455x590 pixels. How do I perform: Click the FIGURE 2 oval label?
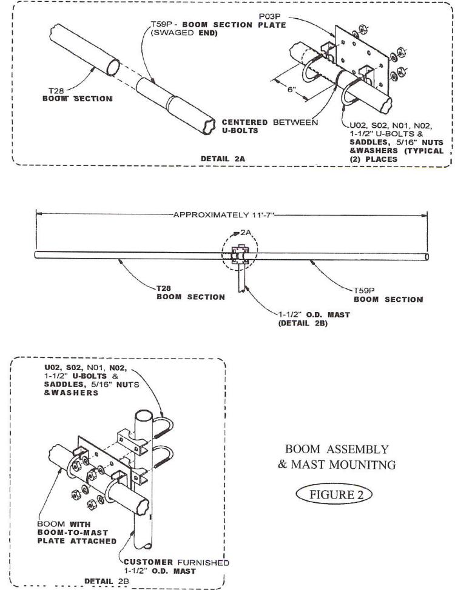click(334, 494)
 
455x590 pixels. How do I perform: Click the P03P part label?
click(268, 17)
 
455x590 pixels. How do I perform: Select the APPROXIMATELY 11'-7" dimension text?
click(223, 215)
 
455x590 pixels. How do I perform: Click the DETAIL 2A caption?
click(223, 159)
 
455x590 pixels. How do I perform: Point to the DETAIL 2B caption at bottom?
click(106, 582)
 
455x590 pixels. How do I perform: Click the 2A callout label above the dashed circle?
click(246, 233)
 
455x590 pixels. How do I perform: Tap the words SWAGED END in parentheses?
click(184, 33)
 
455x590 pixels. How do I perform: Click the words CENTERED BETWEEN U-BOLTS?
click(269, 127)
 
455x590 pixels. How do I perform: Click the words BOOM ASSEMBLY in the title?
click(337, 449)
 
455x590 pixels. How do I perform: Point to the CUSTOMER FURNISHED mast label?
click(177, 566)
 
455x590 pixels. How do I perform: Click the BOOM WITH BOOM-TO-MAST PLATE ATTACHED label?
click(77, 532)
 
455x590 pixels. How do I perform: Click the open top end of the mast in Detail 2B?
click(144, 417)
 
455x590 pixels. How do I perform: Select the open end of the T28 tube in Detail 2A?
click(113, 68)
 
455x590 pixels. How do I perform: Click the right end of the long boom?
click(426, 257)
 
